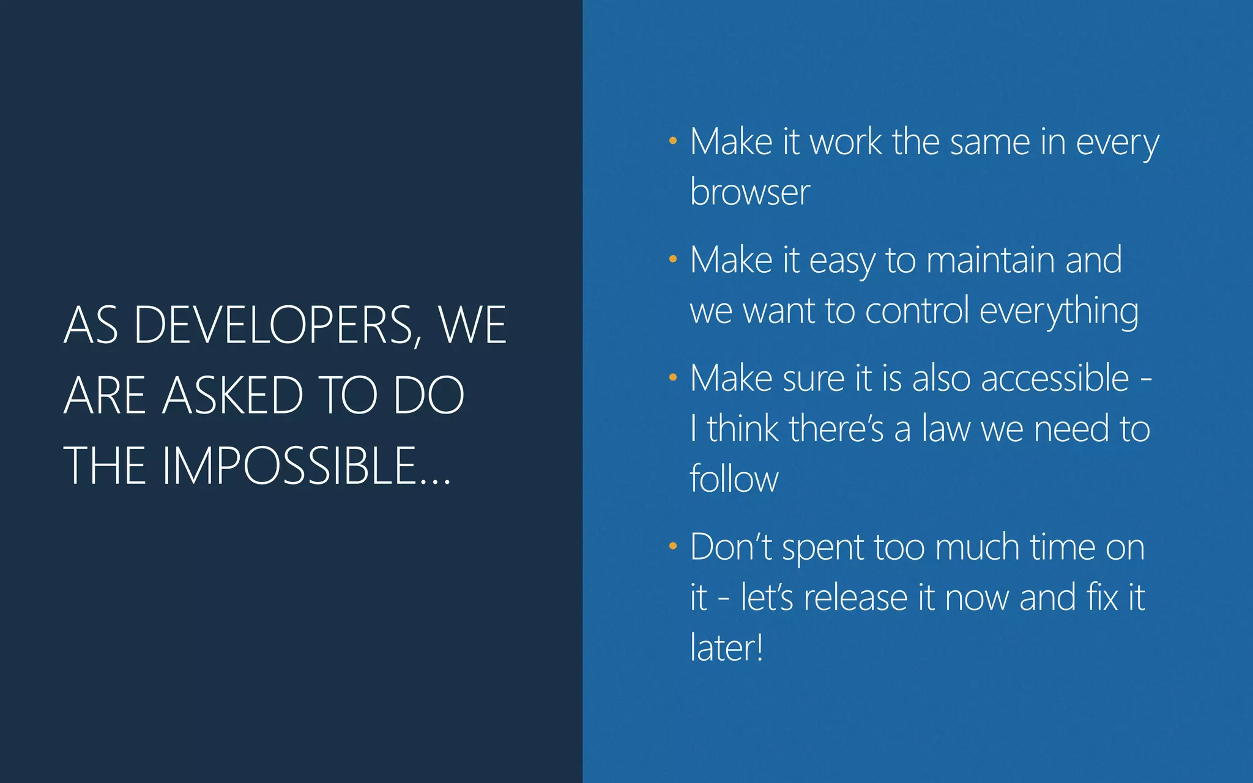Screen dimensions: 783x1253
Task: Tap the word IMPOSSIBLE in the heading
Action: pyautogui.click(x=289, y=466)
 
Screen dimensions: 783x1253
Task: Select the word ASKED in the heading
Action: pyautogui.click(x=232, y=396)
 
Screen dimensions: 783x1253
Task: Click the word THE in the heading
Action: pyautogui.click(x=105, y=466)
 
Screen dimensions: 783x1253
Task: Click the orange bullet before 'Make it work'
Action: pyautogui.click(x=672, y=141)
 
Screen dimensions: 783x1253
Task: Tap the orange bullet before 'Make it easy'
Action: pyautogui.click(x=672, y=259)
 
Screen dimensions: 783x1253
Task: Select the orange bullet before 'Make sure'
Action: pyautogui.click(x=672, y=377)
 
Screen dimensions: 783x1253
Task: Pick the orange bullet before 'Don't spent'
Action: pyautogui.click(x=672, y=546)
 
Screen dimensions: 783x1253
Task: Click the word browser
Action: pyautogui.click(x=749, y=192)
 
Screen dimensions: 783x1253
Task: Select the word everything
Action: pyautogui.click(x=1058, y=311)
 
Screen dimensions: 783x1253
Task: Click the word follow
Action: pyautogui.click(x=734, y=478)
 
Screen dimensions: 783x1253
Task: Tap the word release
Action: pyautogui.click(x=855, y=598)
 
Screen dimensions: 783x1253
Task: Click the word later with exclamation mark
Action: pyautogui.click(x=726, y=648)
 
